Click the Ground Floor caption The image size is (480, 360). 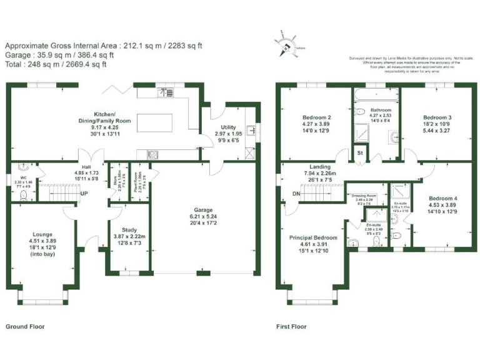pos(25,326)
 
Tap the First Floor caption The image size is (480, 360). pos(291,326)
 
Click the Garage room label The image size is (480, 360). pos(203,210)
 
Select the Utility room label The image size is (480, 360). pos(228,127)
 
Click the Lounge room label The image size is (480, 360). pos(42,234)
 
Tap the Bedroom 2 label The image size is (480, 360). pos(316,117)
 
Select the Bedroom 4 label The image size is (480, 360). pos(442,198)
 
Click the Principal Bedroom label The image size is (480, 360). pos(312,237)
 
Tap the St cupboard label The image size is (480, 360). pos(360,153)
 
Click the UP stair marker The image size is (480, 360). pos(83,194)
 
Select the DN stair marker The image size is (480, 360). pos(296,194)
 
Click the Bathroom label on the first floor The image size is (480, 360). pos(380,110)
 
